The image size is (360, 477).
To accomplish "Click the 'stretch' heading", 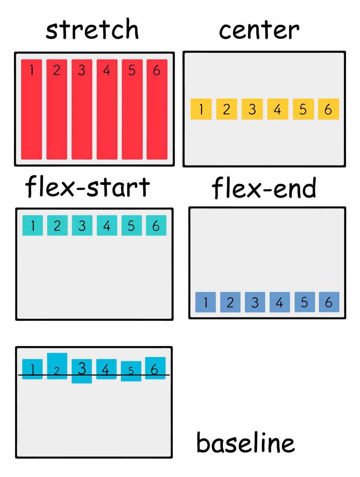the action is (92, 30).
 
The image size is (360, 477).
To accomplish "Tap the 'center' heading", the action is (259, 30).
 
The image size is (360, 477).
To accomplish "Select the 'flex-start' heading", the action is (88, 187).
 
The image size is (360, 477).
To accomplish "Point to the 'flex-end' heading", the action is (264, 188).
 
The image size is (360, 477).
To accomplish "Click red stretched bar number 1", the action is (32, 109).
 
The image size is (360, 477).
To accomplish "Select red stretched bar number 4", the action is (107, 109).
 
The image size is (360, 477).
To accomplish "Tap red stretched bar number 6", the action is (157, 109).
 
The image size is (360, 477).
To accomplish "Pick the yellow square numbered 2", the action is (226, 109).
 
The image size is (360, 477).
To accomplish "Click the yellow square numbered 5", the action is (303, 109).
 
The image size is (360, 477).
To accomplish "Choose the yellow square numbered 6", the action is (328, 109).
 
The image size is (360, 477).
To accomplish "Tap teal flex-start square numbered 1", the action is (33, 225).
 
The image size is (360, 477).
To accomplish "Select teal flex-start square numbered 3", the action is (82, 225).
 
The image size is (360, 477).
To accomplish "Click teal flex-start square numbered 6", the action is (156, 225).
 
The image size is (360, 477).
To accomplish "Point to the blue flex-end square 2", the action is (230, 302).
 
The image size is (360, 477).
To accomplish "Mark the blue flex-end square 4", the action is (279, 302).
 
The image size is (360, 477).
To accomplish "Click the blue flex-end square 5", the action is (304, 302).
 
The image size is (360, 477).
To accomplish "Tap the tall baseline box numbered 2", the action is (57, 366).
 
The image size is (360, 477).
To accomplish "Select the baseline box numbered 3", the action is (82, 371).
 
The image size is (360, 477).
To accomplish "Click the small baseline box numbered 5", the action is (131, 371).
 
